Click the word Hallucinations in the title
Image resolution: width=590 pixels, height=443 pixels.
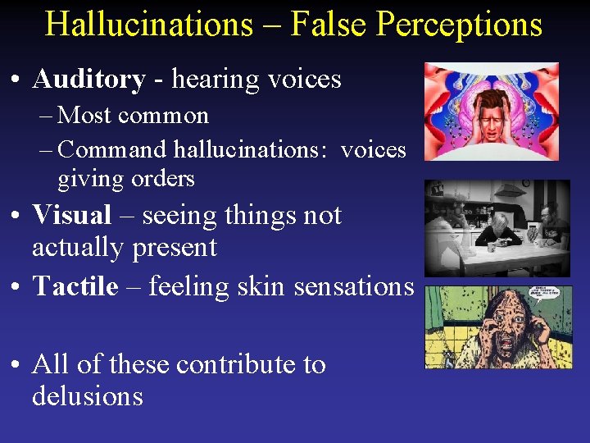point(148,24)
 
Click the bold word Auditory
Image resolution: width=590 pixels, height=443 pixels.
point(88,79)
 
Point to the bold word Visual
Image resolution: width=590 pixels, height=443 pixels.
point(71,215)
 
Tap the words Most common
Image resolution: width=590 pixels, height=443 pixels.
point(134,115)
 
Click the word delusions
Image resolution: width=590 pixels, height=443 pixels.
point(87,396)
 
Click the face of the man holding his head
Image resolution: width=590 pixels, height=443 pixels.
point(491,115)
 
